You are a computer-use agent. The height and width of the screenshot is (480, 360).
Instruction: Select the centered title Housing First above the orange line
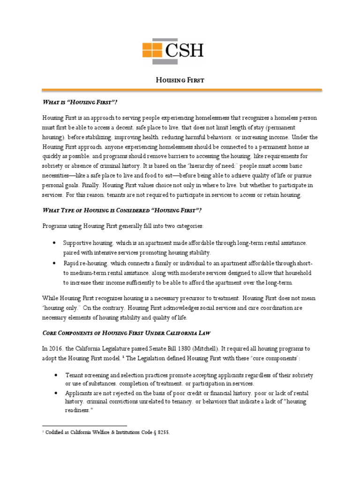(180, 80)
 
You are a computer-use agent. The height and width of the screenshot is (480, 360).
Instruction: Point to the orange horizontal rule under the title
(180, 89)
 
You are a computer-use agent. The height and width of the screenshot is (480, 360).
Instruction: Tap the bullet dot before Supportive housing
(55, 243)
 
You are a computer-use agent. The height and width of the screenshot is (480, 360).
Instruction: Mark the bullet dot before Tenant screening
(55, 375)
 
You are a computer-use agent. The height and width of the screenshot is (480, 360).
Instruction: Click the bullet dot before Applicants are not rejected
(55, 392)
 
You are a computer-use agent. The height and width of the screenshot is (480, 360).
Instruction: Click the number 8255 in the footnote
(161, 433)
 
